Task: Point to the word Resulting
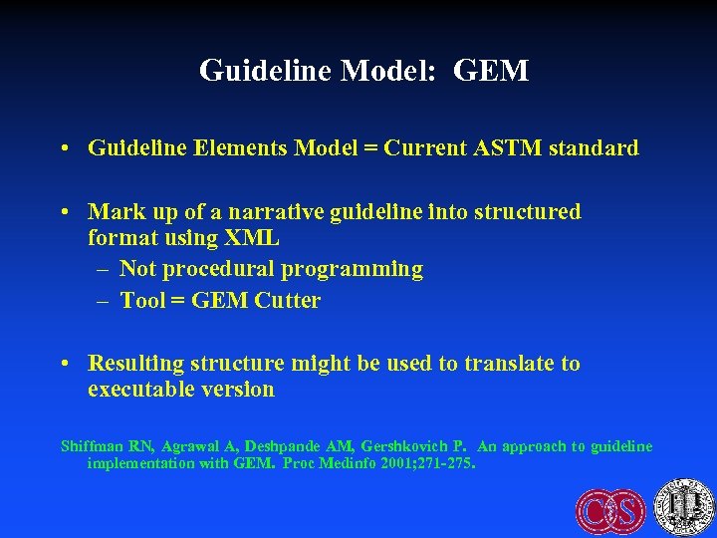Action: coord(138,364)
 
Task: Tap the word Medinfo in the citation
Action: coord(352,463)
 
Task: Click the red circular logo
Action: coord(610,509)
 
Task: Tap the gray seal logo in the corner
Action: coord(684,506)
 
